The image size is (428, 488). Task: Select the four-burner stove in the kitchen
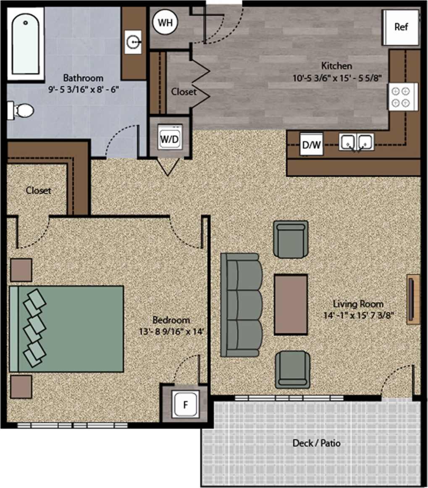point(402,97)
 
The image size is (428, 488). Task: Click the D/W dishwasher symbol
point(311,145)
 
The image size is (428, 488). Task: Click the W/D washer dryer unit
point(170,139)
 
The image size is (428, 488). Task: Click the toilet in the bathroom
point(21,111)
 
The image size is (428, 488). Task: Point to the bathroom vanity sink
point(134,41)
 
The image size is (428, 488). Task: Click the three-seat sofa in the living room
point(240,305)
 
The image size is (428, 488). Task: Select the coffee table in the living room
point(291,304)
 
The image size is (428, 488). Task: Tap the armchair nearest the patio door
point(293,369)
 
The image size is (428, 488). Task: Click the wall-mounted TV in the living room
point(413,299)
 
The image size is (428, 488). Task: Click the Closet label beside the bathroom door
point(184,92)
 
